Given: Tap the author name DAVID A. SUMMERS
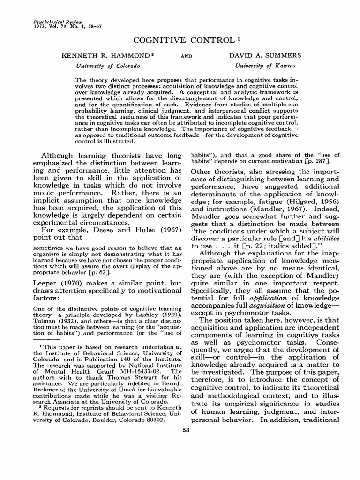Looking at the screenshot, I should click(265, 55).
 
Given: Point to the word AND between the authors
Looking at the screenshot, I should click(187, 56).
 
